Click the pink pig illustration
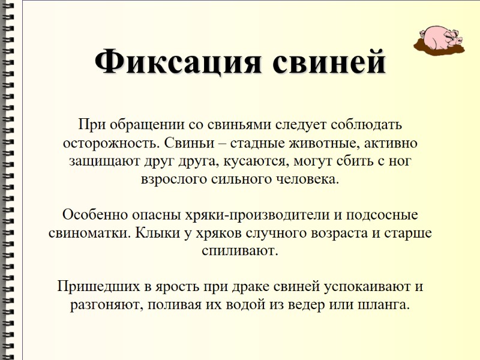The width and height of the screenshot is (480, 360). point(440,37)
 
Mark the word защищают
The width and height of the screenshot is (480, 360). point(100,162)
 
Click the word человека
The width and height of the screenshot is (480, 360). point(305,179)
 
